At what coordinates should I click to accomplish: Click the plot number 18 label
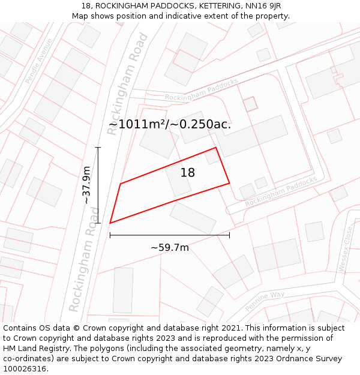[188, 173]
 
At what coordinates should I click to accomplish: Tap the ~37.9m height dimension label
[88, 185]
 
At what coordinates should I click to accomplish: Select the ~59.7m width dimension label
[170, 247]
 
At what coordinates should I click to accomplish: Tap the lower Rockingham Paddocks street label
[281, 191]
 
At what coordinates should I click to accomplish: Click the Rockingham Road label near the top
[127, 83]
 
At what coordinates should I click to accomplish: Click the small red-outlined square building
[250, 104]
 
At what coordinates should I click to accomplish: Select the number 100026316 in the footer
[24, 369]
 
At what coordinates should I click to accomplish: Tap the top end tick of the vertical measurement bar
[98, 148]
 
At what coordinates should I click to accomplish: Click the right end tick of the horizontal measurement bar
[229, 235]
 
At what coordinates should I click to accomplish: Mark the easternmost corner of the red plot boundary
[229, 183]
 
